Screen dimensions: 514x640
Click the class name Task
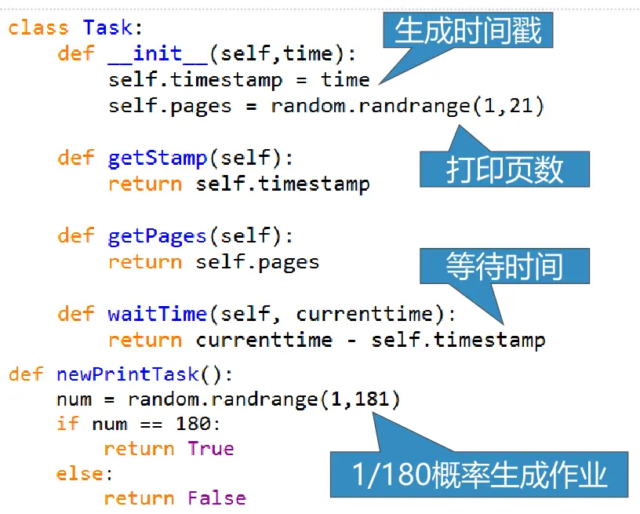pos(108,28)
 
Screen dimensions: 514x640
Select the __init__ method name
pos(158,53)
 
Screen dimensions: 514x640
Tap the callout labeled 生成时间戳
pos(468,31)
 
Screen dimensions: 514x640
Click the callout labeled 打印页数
pos(504,168)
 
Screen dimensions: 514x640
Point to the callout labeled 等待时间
pos(504,266)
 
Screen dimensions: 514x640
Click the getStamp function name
pos(157,158)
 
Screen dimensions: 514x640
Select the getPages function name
pos(157,235)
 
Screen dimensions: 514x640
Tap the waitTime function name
pos(157,314)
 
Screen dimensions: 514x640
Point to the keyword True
pos(210,449)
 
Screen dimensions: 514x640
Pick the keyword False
pos(216,498)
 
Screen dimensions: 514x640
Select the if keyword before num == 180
pos(67,425)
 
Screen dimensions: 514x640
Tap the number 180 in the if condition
pos(192,425)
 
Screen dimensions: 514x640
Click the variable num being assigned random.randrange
pos(74,400)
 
